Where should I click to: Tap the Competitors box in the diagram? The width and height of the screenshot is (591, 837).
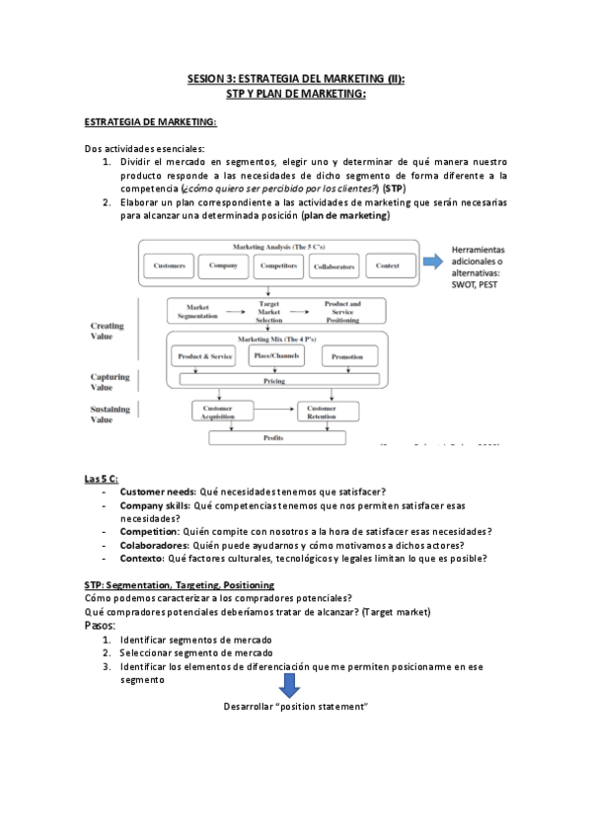279,266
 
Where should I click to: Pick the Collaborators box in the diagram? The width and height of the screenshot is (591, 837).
333,266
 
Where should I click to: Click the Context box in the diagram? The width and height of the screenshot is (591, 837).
388,266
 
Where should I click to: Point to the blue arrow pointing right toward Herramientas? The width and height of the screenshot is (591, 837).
432,263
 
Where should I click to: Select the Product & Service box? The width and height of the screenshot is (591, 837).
205,355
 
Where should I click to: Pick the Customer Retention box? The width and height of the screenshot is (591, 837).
322,412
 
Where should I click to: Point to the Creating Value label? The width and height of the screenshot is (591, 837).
108,331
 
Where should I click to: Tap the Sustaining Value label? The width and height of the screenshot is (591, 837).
110,414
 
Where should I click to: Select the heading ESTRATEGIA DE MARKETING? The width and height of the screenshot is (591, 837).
151,121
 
